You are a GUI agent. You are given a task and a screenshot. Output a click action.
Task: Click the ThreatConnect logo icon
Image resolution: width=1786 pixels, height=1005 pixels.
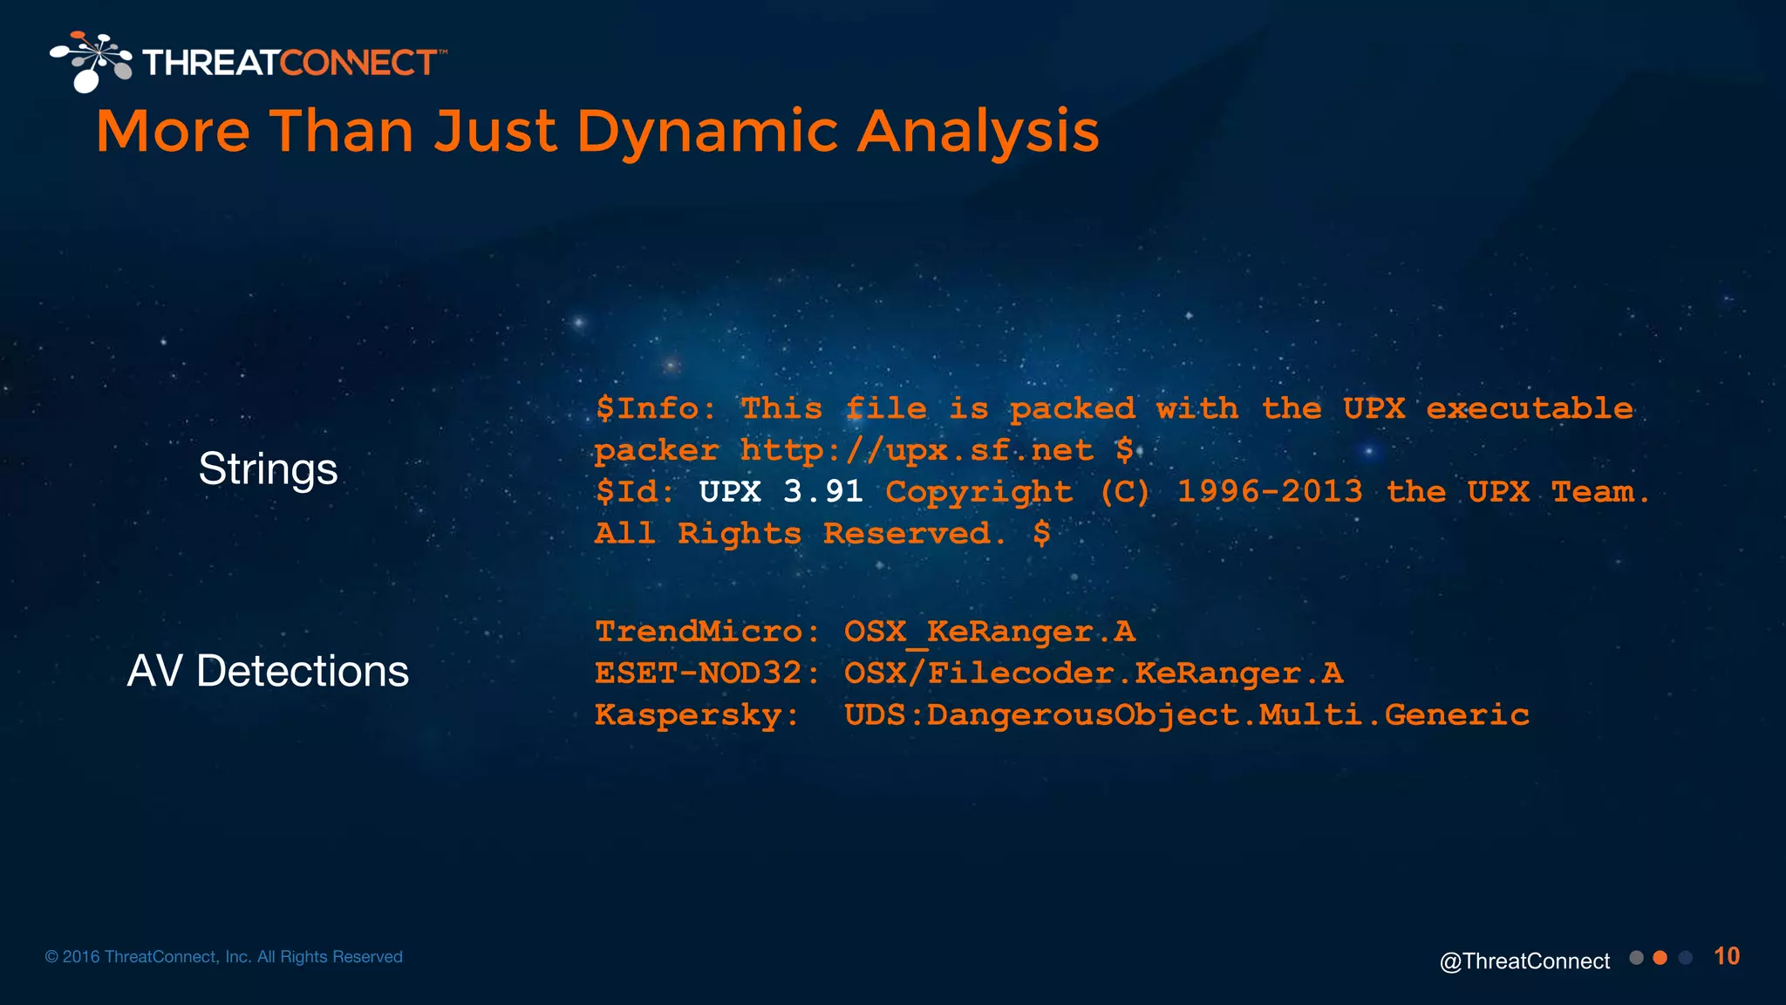[91, 61]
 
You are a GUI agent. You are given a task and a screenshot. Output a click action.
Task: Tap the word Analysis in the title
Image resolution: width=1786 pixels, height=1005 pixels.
[978, 133]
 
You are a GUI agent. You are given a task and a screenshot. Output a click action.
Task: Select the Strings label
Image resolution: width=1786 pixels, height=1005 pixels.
[268, 469]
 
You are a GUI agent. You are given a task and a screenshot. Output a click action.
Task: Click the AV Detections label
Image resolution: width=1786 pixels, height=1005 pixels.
[268, 672]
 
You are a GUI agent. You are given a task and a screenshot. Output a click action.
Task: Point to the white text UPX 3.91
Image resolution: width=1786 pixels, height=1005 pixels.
[781, 492]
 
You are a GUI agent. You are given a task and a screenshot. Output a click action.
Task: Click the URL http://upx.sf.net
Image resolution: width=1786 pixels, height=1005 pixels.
[916, 451]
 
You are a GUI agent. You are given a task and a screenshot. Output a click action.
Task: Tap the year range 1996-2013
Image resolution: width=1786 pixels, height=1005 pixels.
[1269, 492]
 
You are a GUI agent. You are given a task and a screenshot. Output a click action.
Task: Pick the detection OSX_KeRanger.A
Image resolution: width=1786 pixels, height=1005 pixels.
[989, 632]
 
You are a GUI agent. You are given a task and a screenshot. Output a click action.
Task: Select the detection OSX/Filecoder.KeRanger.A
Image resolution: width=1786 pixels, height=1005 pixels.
[1093, 673]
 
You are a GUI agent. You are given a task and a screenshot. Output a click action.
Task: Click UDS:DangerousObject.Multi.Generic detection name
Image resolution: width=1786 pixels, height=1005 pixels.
[1186, 715]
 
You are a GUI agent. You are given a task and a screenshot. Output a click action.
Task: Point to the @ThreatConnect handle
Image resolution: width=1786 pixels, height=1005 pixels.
[1524, 961]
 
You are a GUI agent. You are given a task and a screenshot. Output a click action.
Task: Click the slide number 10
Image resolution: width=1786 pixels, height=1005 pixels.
[1727, 956]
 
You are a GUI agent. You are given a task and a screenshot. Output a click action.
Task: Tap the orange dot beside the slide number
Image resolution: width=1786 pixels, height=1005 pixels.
[1660, 958]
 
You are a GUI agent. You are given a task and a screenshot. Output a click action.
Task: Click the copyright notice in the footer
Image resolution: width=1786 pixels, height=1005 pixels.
[224, 957]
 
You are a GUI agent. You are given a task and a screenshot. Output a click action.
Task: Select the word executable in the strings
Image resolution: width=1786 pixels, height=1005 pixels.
[1529, 409]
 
